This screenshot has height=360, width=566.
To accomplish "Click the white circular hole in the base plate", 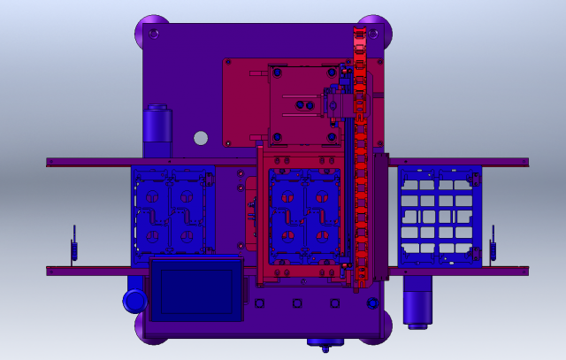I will (201, 138).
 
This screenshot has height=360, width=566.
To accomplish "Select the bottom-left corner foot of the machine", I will (151, 326).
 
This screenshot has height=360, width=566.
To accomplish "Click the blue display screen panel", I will (196, 288).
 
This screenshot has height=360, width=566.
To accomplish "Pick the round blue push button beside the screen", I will (134, 302).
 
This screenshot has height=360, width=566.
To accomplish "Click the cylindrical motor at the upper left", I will (157, 126).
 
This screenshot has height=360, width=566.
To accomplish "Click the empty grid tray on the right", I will (440, 217).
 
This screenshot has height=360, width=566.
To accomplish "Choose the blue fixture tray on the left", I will (173, 217).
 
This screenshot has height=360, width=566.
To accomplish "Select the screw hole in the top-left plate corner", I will (156, 34).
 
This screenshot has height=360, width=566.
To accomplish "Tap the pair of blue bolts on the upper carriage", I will (304, 105).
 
